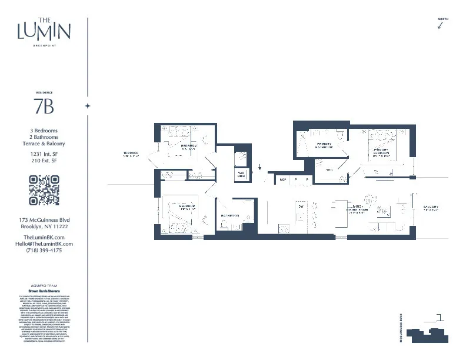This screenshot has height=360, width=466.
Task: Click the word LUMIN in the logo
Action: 44,30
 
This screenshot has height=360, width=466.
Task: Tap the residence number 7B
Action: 44,106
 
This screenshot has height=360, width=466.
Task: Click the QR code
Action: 44,191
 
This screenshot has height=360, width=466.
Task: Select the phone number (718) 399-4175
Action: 44,250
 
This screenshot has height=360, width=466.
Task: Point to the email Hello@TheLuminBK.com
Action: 44,244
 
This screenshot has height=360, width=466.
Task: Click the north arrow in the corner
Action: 442,25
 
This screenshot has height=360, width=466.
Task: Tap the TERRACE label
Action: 131,154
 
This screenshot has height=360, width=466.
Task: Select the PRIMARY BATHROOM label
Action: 324,145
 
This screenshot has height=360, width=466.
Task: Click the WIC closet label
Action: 329,169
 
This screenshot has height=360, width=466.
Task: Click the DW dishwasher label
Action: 300,206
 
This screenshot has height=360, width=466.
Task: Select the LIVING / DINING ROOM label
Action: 358,209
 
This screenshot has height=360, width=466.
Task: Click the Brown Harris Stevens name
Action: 44,291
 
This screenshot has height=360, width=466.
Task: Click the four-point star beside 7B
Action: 88,106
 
